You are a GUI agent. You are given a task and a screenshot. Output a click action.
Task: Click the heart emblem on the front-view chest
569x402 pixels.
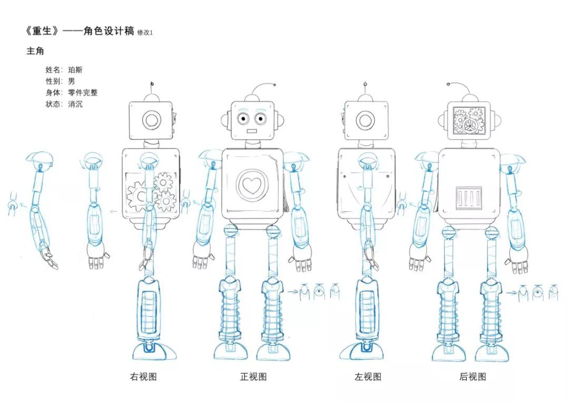[x=252, y=185]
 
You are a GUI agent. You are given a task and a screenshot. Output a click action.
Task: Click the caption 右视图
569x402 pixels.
[x=143, y=377]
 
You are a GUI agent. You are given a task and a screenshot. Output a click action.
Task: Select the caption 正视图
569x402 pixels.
[x=253, y=377]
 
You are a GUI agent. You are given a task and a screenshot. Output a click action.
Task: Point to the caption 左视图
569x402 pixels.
[x=368, y=377]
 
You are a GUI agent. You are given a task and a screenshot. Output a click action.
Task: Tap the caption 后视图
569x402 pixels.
[x=473, y=377]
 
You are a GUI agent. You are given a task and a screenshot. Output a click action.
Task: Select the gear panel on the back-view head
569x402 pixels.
[x=469, y=121]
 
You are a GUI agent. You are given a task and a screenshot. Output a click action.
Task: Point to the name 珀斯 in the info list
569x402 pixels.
[x=75, y=70]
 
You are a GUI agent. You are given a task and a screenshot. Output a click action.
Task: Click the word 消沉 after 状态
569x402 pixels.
[x=75, y=104]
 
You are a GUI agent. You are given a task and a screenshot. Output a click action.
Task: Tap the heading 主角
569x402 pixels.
[x=35, y=51]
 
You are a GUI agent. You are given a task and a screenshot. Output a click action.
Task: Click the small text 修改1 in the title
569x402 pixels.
[x=144, y=33]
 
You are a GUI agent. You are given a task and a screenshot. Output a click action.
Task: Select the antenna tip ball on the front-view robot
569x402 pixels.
[x=274, y=85]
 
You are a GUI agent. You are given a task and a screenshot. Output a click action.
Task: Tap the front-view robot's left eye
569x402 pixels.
[x=243, y=119]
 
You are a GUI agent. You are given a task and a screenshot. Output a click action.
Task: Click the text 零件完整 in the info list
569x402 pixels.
[x=83, y=93]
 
